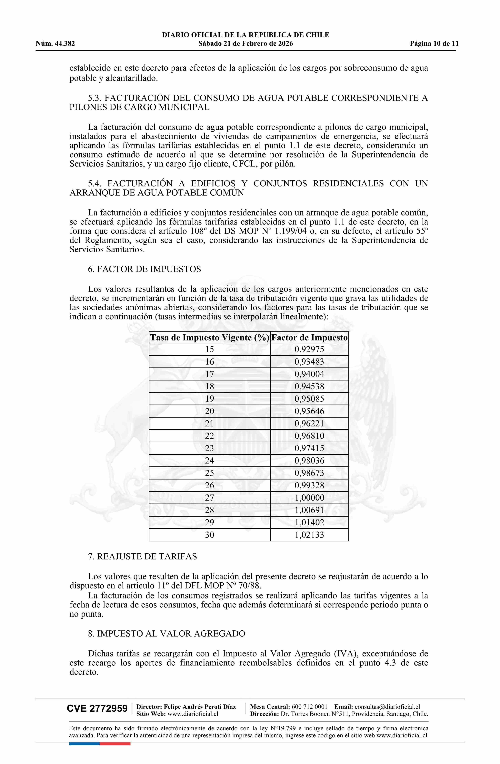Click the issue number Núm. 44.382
[55, 44]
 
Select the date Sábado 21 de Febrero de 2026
[245, 44]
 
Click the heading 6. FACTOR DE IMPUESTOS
[144, 269]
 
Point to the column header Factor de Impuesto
[309, 338]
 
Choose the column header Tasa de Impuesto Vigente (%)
[210, 338]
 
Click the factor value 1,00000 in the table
[309, 498]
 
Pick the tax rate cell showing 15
[210, 349]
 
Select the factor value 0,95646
[309, 411]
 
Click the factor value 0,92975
[309, 349]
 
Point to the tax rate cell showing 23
[210, 448]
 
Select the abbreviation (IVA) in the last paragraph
[345, 654]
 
